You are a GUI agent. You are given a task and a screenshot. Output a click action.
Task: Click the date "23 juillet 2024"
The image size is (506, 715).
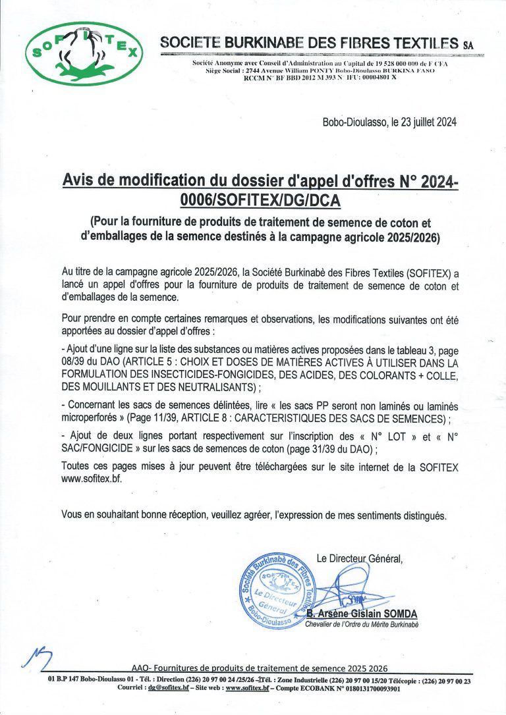click(x=419, y=122)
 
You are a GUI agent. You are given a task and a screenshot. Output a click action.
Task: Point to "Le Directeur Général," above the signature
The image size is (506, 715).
click(x=359, y=559)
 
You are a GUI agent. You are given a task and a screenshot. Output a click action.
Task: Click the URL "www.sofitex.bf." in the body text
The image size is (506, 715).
click(x=91, y=479)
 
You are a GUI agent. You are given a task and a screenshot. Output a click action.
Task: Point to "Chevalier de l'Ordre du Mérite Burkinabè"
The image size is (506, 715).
click(x=362, y=624)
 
